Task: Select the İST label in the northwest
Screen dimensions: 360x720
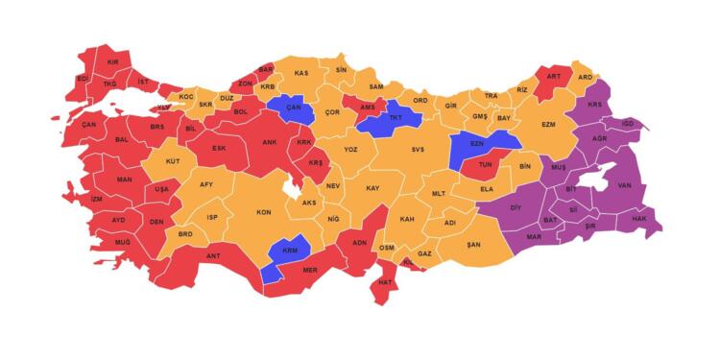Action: pos(143,84)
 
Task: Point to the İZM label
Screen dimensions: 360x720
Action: pos(96,199)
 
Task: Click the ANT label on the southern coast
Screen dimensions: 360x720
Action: pos(213,255)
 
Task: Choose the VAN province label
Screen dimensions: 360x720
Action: pos(624,185)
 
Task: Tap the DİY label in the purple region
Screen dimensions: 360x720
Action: pos(515,207)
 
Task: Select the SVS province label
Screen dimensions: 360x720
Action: pos(418,150)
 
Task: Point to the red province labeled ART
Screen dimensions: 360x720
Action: pos(553,77)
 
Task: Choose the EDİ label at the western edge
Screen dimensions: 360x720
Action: pos(83,78)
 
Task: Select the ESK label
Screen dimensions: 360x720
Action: pos(219,149)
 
